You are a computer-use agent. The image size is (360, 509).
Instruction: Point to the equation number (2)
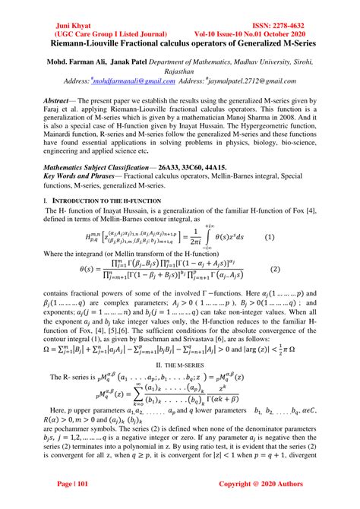tap(297, 269)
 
